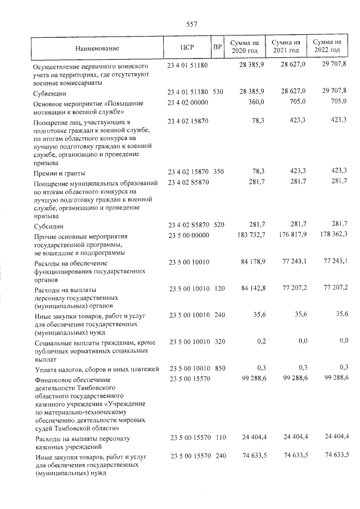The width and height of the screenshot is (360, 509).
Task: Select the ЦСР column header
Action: [x=187, y=47]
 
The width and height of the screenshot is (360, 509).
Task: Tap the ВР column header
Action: [x=218, y=47]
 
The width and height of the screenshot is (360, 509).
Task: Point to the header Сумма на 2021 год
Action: [x=285, y=47]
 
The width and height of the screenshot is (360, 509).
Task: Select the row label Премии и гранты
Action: [x=60, y=173]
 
